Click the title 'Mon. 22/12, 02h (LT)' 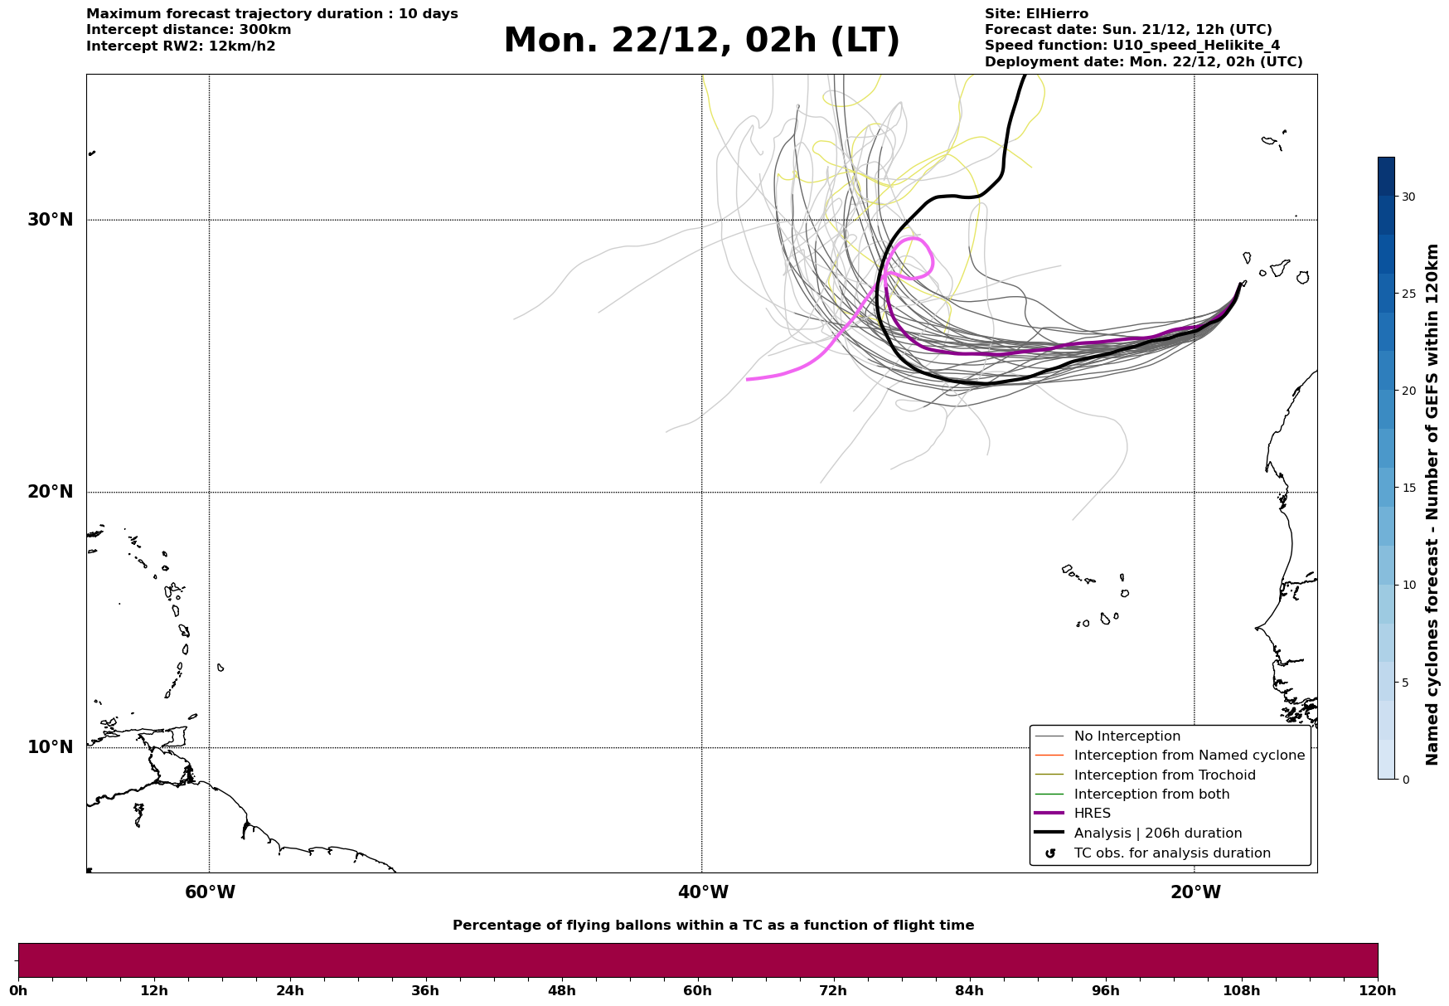pyautogui.click(x=701, y=41)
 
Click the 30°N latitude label pyautogui.click(x=51, y=220)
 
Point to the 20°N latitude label pyautogui.click(x=51, y=492)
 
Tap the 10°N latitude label pyautogui.click(x=51, y=747)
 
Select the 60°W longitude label pyautogui.click(x=210, y=892)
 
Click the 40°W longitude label pyautogui.click(x=703, y=892)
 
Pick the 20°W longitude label pyautogui.click(x=1195, y=892)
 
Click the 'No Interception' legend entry pyautogui.click(x=1127, y=736)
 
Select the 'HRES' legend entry pyautogui.click(x=1092, y=814)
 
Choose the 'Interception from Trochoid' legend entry pyautogui.click(x=1164, y=775)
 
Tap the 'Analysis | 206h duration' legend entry pyautogui.click(x=1157, y=833)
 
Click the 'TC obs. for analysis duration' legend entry pyautogui.click(x=1171, y=853)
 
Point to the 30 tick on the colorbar pyautogui.click(x=1408, y=197)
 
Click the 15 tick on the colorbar pyautogui.click(x=1408, y=488)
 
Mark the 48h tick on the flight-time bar pyautogui.click(x=561, y=991)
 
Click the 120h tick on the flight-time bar pyautogui.click(x=1377, y=991)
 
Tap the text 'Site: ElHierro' pyautogui.click(x=1036, y=14)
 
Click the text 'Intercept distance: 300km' pyautogui.click(x=189, y=30)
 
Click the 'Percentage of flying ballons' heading pyautogui.click(x=713, y=926)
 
